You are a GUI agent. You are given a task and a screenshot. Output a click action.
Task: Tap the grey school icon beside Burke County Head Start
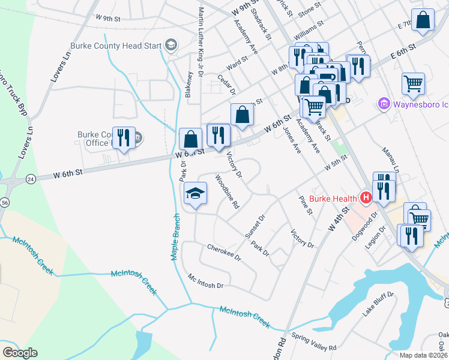pos(170,45)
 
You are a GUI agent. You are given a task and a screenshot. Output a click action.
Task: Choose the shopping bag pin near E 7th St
pos(423,19)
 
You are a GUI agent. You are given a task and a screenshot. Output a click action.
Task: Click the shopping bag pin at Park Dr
pos(190,139)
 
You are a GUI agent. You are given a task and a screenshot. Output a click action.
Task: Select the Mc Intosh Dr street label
pos(205,281)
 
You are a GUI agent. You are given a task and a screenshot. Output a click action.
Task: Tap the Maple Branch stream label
pos(175,237)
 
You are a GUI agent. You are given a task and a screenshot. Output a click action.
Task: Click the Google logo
pos(20,353)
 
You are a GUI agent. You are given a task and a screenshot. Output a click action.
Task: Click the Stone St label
pos(310,10)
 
